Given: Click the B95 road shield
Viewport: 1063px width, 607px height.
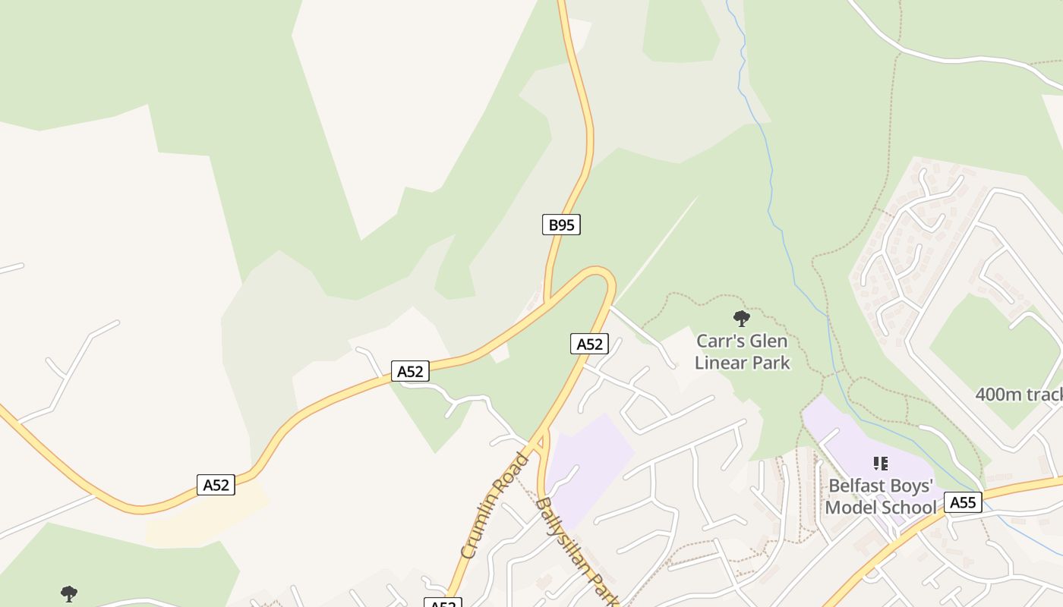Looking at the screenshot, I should click(x=561, y=225).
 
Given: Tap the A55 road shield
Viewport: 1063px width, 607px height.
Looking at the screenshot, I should click(x=963, y=502).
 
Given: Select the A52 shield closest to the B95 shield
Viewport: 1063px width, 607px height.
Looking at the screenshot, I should click(x=589, y=344).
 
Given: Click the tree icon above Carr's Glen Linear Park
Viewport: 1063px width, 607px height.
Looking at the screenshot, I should click(x=742, y=319).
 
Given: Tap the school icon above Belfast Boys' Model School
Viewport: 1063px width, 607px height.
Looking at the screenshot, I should click(x=881, y=463).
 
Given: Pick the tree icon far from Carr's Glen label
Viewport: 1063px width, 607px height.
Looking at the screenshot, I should click(x=69, y=593).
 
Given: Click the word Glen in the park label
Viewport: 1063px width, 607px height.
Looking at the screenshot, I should click(x=766, y=341).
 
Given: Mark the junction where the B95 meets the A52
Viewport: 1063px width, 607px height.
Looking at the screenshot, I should click(x=547, y=302).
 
